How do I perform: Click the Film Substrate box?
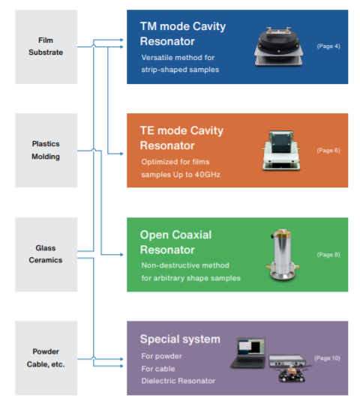pos(46,47)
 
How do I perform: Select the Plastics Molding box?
pos(46,150)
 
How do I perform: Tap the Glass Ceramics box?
pos(46,255)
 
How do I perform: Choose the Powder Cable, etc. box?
pos(46,358)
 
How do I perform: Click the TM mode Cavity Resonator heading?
pos(183,34)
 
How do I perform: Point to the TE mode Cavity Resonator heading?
pos(181,138)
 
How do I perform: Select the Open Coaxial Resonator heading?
pos(175,242)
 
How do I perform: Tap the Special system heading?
pos(180,339)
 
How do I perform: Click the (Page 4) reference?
pos(328,46)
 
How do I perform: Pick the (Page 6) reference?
pos(328,150)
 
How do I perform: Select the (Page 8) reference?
pos(328,255)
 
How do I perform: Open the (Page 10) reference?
pos(327,358)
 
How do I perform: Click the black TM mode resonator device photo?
pos(278,46)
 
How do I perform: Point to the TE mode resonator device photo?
pos(281,150)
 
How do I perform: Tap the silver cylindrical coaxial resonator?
pos(283,254)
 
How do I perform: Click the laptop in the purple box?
pos(248,353)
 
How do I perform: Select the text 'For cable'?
pos(158,369)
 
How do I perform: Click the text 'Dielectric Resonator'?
pos(178,381)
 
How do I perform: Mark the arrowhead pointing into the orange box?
pos(121,154)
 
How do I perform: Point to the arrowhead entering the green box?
pos(121,255)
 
